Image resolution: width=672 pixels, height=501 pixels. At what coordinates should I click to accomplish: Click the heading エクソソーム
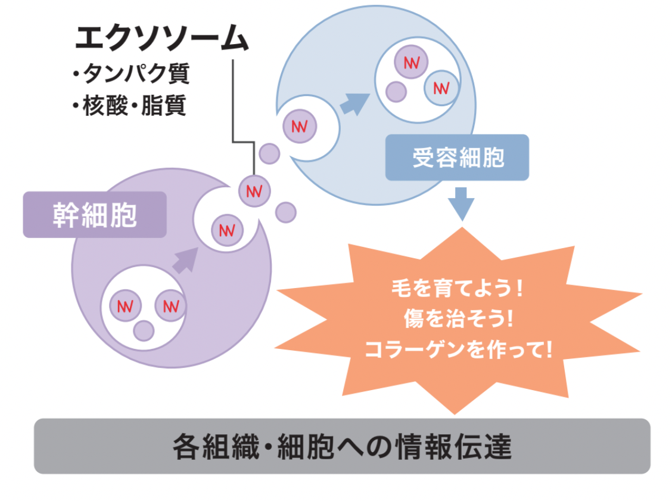coord(161,40)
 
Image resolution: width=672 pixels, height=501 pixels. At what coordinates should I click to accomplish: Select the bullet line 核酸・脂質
coord(128,106)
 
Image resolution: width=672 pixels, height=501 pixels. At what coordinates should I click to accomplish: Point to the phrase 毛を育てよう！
coord(457,290)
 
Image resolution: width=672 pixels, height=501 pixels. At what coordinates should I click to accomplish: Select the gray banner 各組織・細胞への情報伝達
coord(342,446)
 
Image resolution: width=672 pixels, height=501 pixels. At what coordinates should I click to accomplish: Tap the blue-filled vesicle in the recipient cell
coord(441,88)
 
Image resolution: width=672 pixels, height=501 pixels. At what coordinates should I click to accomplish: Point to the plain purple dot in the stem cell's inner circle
coord(143,330)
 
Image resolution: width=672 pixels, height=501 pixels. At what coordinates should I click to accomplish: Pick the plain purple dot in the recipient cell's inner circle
coord(396,91)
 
